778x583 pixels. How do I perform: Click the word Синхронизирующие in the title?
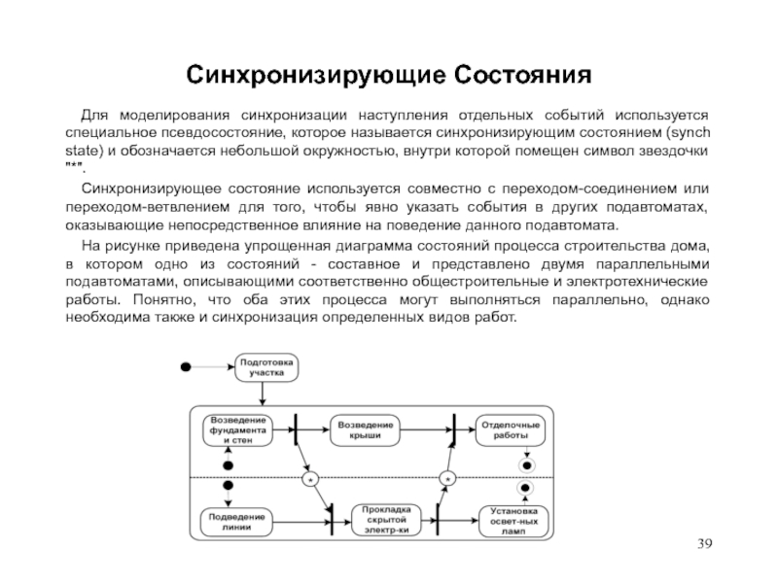pos(315,75)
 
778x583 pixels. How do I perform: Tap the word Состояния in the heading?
pos(522,75)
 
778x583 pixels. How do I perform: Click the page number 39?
pos(704,544)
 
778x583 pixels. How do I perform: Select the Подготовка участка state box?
pos(266,367)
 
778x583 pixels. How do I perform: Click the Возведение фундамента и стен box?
pos(237,430)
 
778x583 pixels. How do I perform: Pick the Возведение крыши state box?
pos(366,430)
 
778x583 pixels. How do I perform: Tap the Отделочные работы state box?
pos(511,430)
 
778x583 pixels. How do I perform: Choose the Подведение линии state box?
pos(236,522)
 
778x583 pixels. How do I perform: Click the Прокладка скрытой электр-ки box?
pos(386,520)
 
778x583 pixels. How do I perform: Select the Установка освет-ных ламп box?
pos(513,521)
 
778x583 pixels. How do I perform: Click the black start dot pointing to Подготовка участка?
pos(186,367)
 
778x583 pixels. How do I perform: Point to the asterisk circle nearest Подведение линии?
pos(310,479)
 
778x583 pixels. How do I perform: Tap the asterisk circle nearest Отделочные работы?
pos(447,479)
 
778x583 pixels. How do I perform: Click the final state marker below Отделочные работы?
pos(527,465)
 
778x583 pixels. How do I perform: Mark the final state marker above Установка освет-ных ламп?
pos(525,488)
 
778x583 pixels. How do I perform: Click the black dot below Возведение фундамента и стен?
pos(229,465)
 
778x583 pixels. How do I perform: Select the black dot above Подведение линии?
pos(229,485)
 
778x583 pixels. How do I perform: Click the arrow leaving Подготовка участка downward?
pos(263,394)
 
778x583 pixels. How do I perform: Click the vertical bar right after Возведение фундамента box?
pos(296,429)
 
